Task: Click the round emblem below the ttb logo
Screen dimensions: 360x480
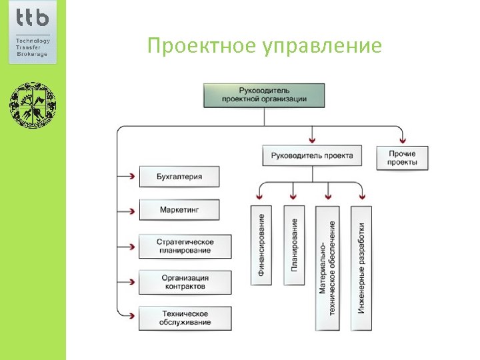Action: [33, 105]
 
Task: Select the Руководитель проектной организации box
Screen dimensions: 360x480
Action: [264, 95]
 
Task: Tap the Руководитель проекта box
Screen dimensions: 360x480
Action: [312, 156]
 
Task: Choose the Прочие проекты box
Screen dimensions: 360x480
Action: [403, 158]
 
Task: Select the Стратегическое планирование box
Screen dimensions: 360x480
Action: [185, 245]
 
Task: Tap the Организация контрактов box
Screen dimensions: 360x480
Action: [185, 282]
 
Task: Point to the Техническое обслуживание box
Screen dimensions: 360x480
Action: [185, 318]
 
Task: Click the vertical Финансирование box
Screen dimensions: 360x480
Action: [261, 245]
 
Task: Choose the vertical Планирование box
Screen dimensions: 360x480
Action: [294, 245]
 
